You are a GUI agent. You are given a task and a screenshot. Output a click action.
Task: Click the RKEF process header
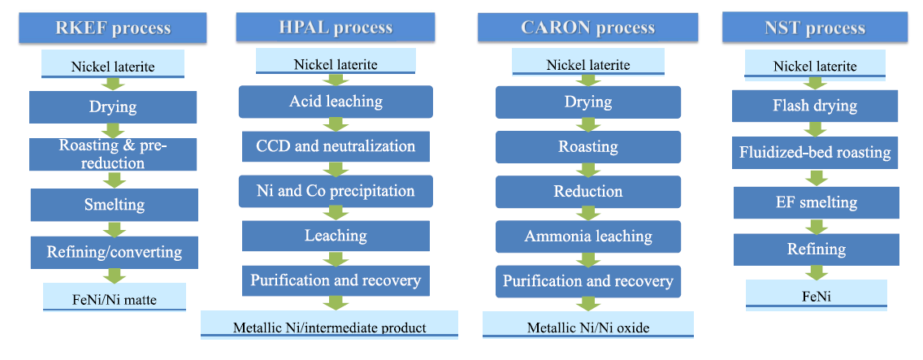tap(112, 28)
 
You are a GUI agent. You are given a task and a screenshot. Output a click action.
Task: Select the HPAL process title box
tap(336, 27)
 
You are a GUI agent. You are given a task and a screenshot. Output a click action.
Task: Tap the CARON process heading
tap(587, 27)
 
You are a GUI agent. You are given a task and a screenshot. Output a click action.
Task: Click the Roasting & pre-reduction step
tap(113, 154)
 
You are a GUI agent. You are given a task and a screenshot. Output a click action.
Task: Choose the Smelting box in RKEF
tap(115, 205)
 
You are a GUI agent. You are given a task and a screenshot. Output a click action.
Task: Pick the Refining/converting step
tap(115, 253)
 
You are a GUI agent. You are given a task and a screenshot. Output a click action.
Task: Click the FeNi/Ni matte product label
tap(115, 297)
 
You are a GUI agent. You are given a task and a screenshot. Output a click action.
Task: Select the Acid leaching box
tap(336, 102)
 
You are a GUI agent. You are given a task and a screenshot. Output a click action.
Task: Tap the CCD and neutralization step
tap(336, 145)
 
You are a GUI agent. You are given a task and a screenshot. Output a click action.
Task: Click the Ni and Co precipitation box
tap(336, 191)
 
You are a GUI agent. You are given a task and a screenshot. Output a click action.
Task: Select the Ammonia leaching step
tap(588, 236)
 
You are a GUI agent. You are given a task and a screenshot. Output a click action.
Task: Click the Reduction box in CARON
tap(588, 192)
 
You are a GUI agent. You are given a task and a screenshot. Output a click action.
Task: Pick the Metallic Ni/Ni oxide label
tap(588, 324)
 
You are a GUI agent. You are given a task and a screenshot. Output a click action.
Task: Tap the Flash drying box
tap(815, 106)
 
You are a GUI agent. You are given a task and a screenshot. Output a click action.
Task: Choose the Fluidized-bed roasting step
tap(815, 153)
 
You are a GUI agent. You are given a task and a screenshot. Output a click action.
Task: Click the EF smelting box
tap(816, 202)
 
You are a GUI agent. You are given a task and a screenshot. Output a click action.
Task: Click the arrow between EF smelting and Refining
tap(817, 226)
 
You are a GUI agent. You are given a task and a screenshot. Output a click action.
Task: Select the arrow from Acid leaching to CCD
tap(336, 124)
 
